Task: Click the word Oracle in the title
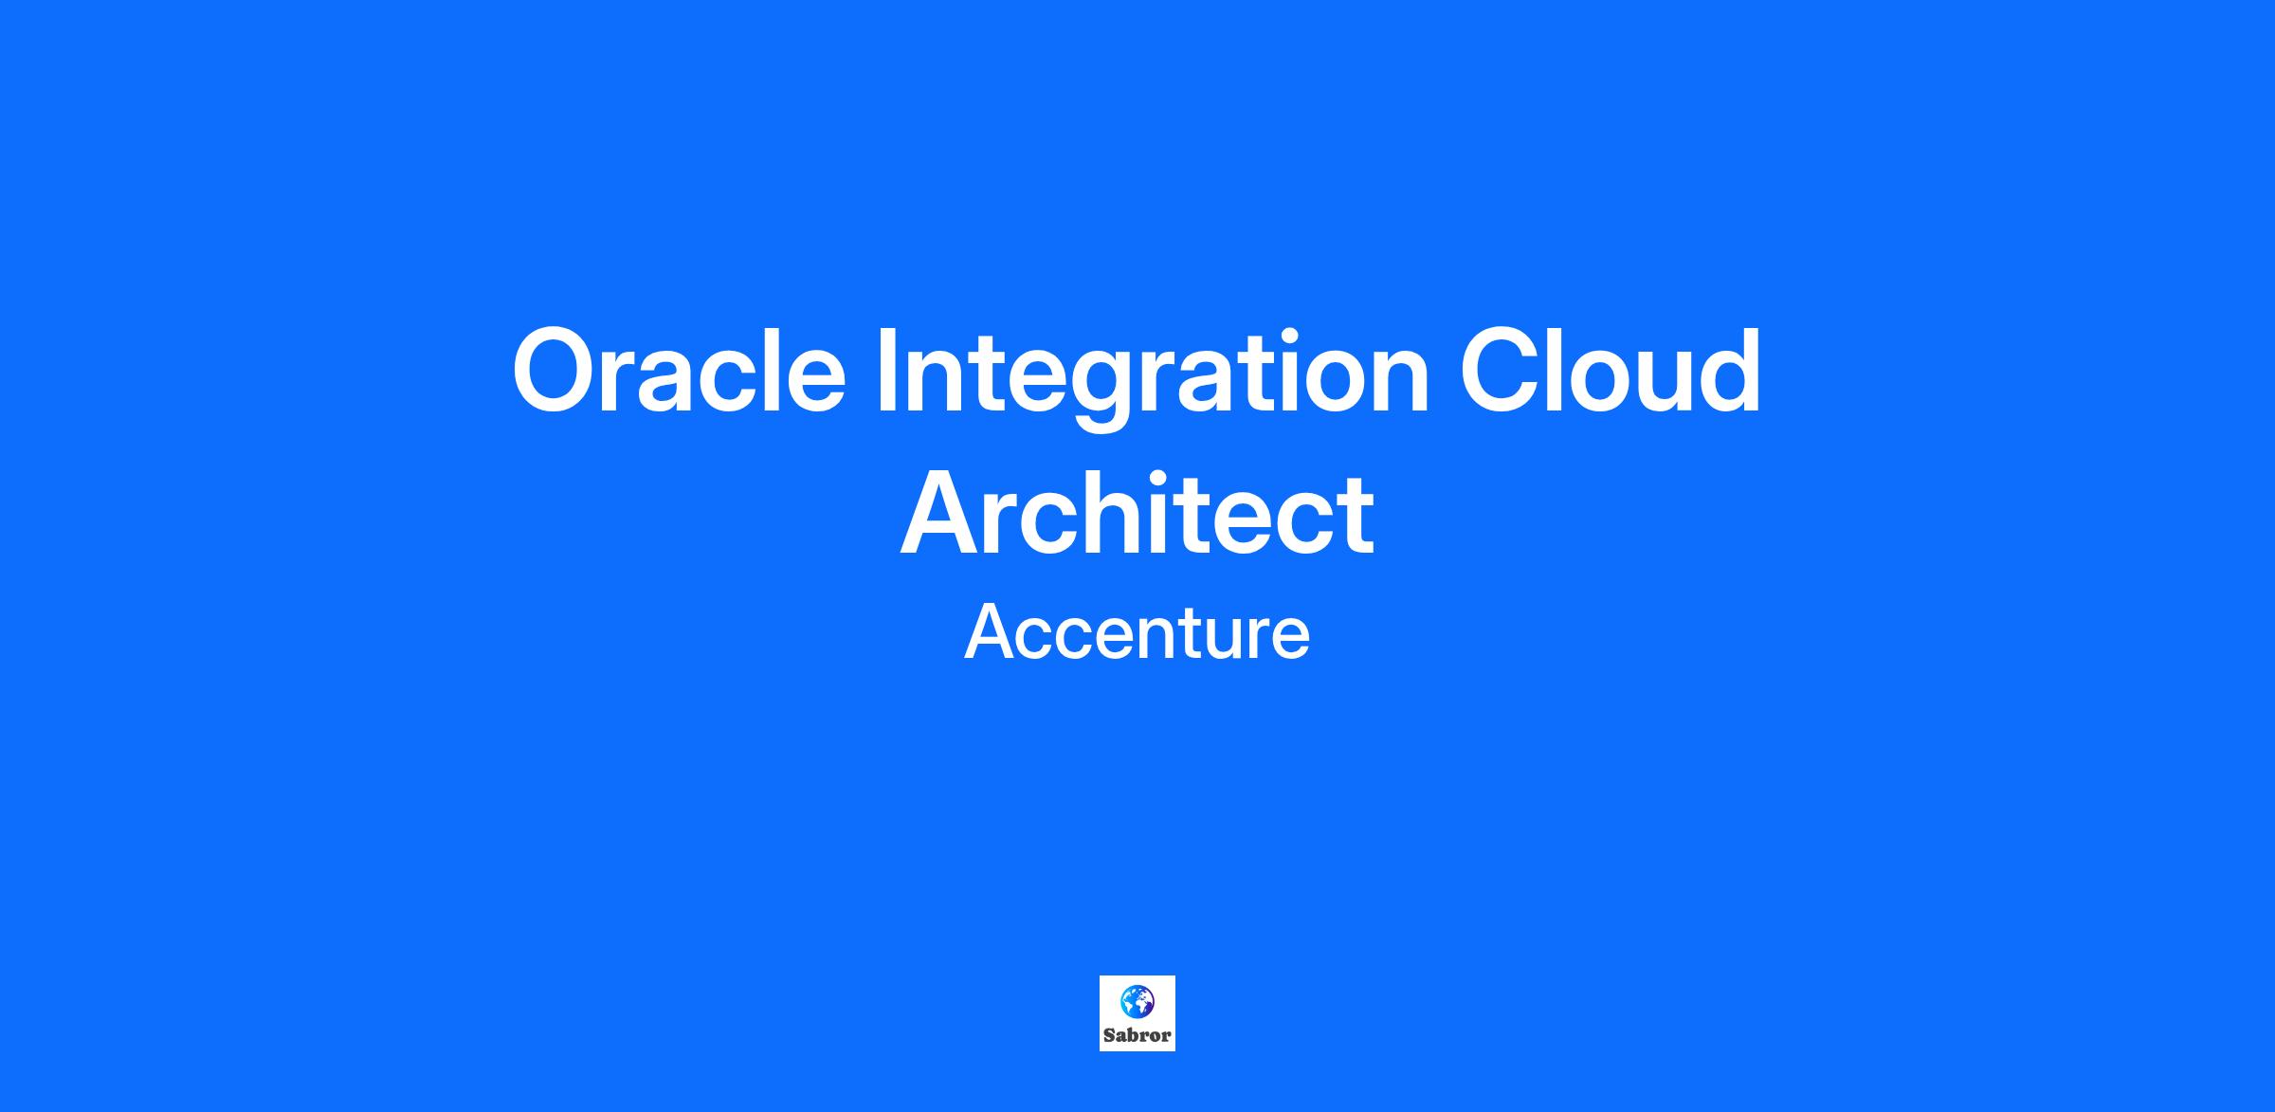[x=679, y=371]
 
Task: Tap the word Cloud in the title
[x=1611, y=371]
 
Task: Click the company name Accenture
[x=1137, y=632]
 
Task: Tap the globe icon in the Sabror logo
[x=1137, y=1001]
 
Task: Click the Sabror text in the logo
[x=1137, y=1035]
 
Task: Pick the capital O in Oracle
[x=560, y=371]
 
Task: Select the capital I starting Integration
[x=886, y=371]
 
